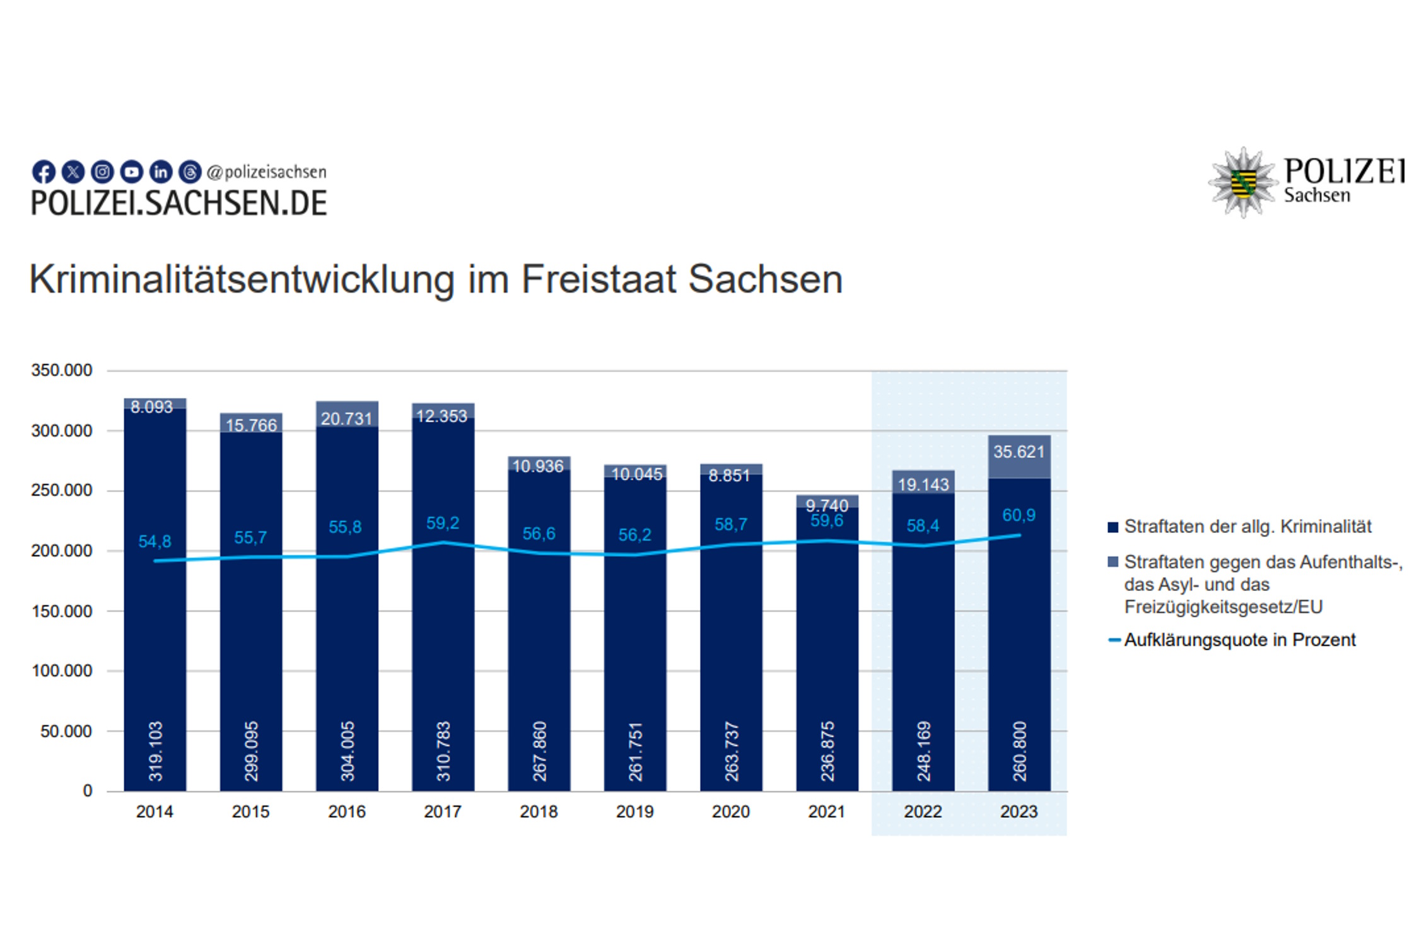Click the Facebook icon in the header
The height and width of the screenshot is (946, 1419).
click(x=44, y=172)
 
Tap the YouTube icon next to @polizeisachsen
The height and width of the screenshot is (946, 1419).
click(x=131, y=172)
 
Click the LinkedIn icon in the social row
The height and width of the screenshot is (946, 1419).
click(x=161, y=172)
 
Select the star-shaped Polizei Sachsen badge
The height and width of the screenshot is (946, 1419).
click(x=1242, y=183)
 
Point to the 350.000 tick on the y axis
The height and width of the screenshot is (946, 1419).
click(x=62, y=370)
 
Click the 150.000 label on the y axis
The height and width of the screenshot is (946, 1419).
click(x=62, y=611)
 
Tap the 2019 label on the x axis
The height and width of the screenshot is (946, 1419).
click(x=634, y=812)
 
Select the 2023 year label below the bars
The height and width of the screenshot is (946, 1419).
click(x=1019, y=812)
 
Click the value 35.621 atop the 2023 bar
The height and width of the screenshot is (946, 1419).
click(x=1019, y=452)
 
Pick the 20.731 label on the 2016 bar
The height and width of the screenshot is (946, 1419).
click(x=346, y=419)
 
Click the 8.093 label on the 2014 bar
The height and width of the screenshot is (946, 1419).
click(x=151, y=407)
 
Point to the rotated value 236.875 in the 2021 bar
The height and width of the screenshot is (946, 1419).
click(x=827, y=751)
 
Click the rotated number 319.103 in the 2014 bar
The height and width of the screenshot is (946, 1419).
click(x=155, y=751)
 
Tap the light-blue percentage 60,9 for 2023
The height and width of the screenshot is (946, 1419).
click(x=1019, y=516)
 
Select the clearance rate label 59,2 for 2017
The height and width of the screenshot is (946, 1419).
click(x=443, y=523)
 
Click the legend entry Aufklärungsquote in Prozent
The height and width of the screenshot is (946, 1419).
click(x=1239, y=640)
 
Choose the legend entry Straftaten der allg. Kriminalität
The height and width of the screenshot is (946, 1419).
click(x=1247, y=527)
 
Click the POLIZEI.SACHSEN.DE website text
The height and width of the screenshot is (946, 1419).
click(x=178, y=204)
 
